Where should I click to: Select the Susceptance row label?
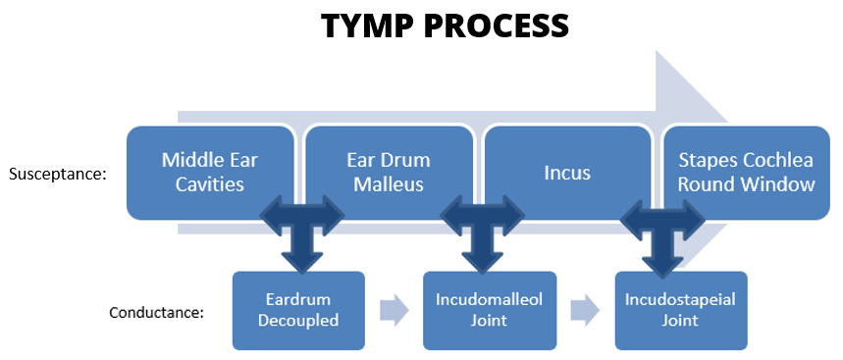tap(58, 175)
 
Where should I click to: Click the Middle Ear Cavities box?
tap(210, 172)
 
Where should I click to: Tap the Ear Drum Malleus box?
tap(389, 172)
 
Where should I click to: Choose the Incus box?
tap(566, 173)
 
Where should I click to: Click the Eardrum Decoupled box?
tap(298, 310)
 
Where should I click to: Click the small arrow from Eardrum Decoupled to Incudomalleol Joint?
tap(393, 310)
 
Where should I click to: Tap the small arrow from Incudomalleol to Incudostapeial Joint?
tap(583, 310)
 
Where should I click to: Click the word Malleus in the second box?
tap(389, 183)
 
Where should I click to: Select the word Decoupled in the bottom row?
tap(298, 320)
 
